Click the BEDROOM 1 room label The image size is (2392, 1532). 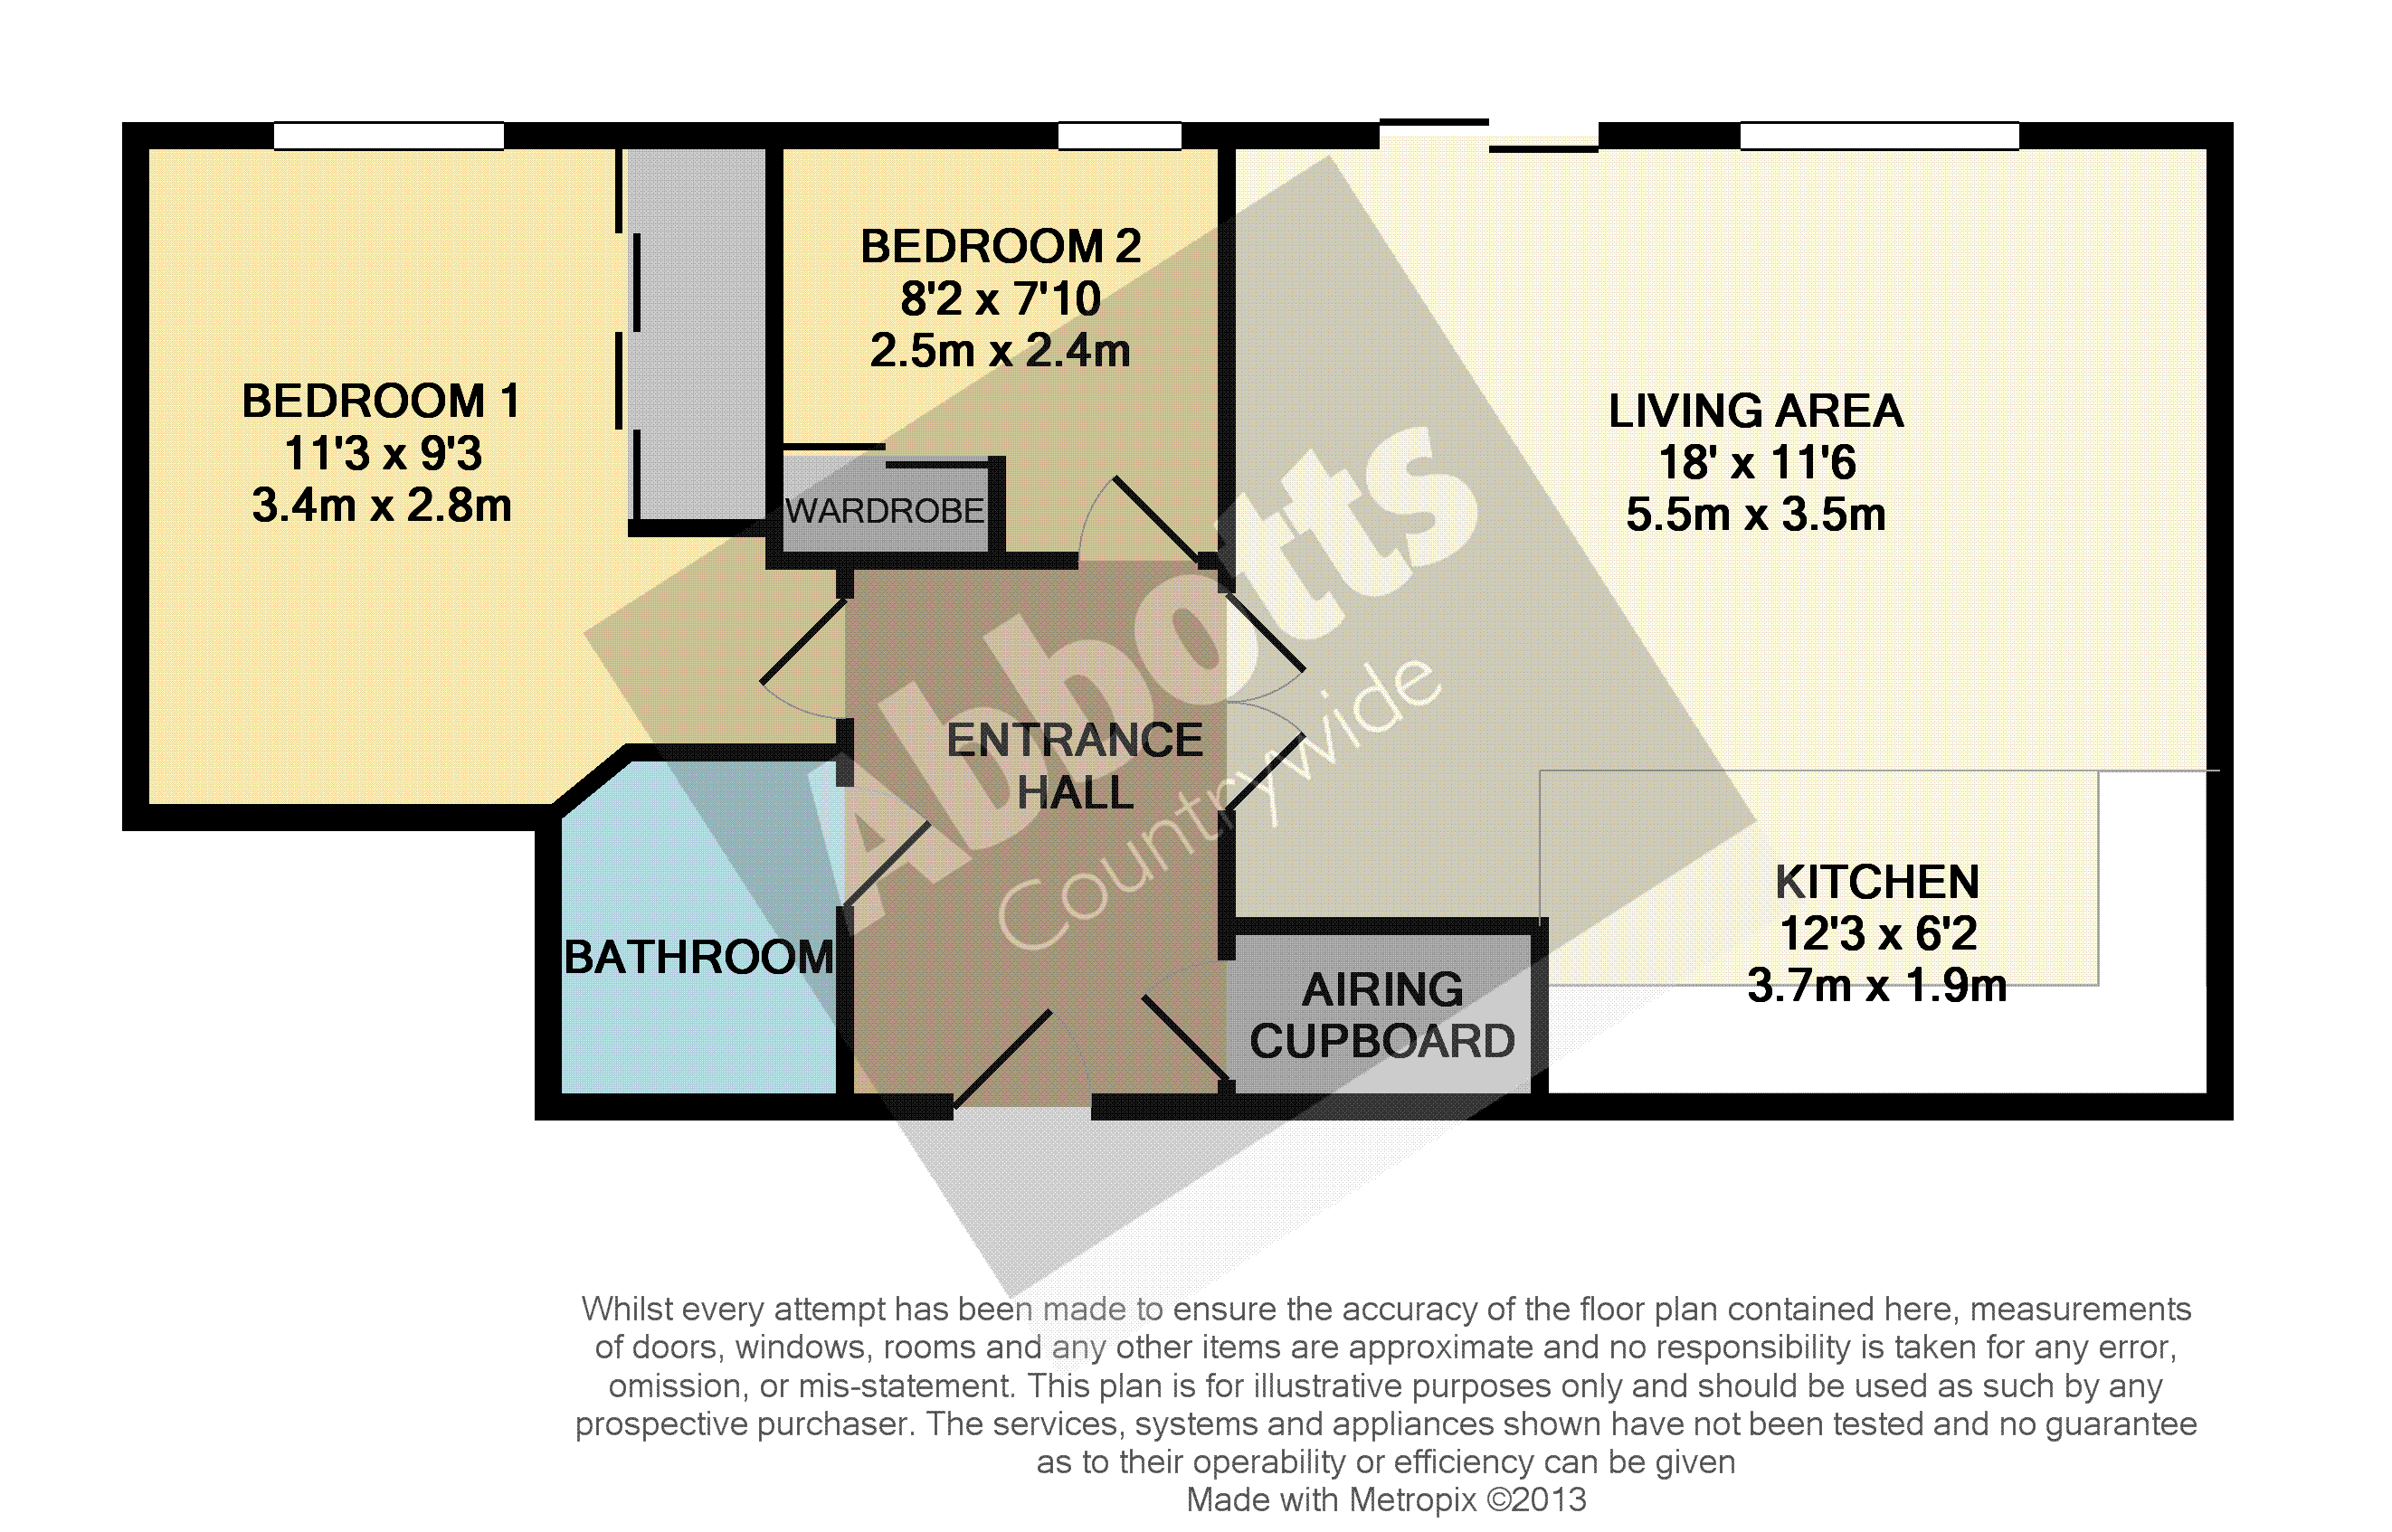(x=381, y=402)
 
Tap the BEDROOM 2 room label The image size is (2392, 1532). (x=1000, y=247)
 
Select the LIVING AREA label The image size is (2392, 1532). (x=1756, y=411)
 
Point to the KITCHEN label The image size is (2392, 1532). (x=1877, y=883)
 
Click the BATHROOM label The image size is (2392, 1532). (x=698, y=957)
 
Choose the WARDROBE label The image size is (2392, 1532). (x=885, y=511)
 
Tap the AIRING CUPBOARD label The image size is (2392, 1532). (x=1383, y=1016)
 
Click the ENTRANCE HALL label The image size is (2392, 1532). (x=1075, y=766)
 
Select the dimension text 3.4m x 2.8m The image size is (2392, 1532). (x=382, y=506)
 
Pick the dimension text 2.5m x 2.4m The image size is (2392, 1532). (x=1000, y=350)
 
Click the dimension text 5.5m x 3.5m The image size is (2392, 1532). (x=1756, y=515)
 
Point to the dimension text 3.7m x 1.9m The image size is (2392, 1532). (x=1877, y=986)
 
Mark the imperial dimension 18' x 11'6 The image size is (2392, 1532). (x=1757, y=463)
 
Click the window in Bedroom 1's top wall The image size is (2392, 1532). (x=389, y=136)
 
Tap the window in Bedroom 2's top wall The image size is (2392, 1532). (x=1119, y=136)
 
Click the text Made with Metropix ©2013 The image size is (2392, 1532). (x=1386, y=1499)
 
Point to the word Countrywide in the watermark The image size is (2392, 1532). (x=1219, y=804)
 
